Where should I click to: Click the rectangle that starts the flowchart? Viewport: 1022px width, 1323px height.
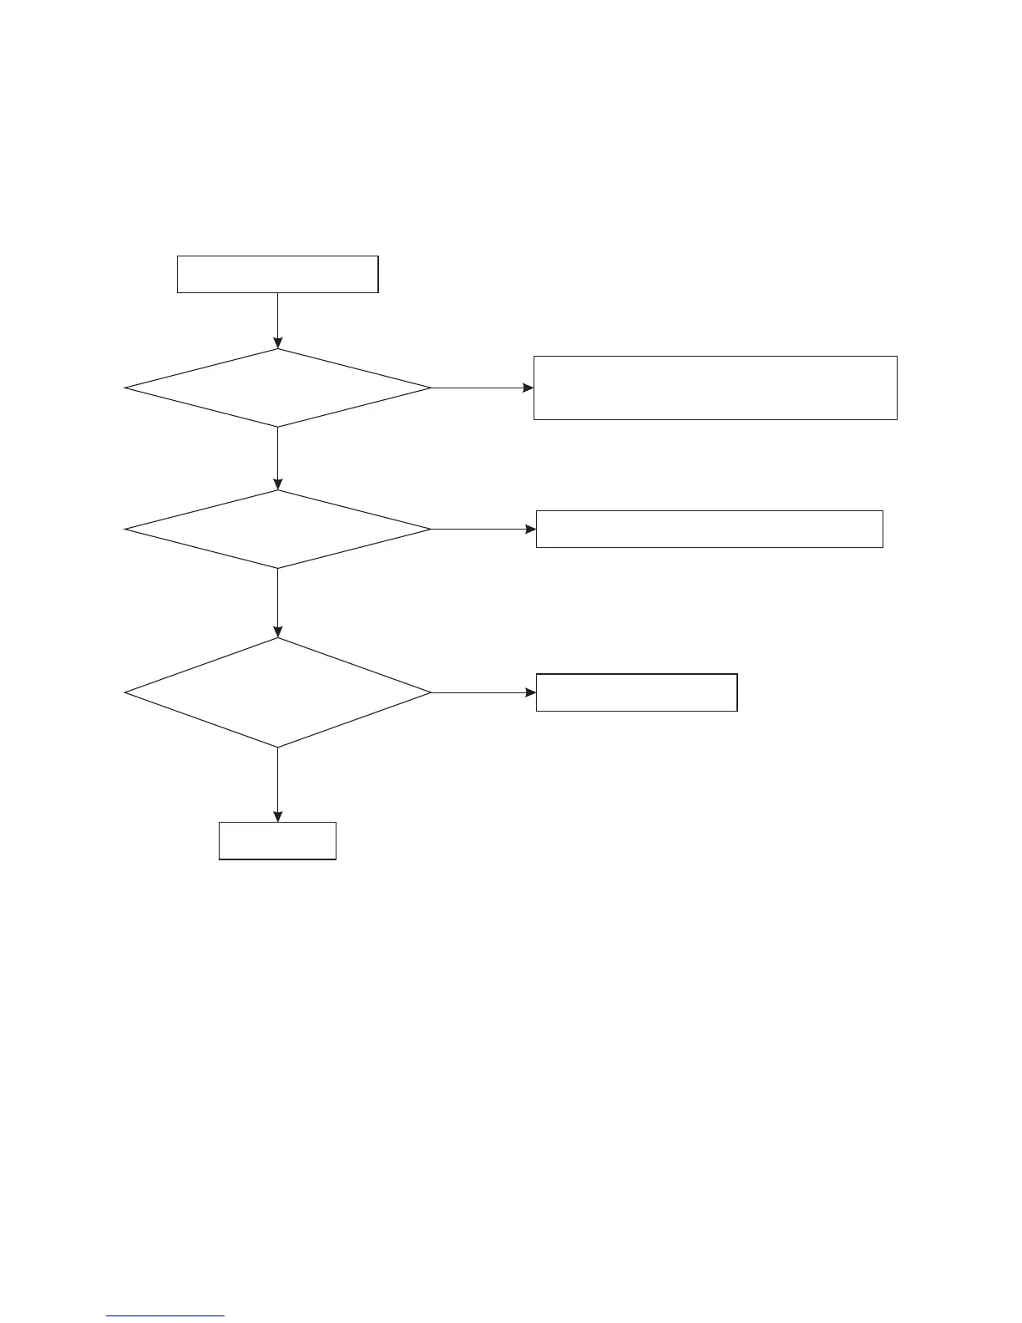point(277,274)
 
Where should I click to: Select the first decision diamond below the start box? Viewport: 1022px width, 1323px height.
point(277,388)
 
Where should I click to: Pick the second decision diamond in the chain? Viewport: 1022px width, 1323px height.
point(277,529)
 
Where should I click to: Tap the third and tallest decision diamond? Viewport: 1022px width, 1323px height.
point(277,692)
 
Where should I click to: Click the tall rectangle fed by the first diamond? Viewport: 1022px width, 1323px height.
point(715,388)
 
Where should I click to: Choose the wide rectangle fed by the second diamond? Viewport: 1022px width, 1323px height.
point(709,529)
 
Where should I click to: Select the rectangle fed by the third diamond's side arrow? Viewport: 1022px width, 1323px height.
point(636,692)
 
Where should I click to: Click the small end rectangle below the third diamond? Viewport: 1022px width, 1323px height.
point(277,841)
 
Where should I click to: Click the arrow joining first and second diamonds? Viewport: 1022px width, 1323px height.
point(277,459)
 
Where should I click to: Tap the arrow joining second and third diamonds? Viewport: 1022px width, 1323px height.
point(277,603)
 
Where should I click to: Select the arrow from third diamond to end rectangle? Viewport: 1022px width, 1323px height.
point(277,784)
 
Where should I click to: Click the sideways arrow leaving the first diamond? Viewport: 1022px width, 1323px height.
point(482,388)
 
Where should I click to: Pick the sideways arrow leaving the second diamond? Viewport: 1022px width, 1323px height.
point(483,529)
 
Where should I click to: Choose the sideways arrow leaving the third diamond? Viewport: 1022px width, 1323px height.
point(483,692)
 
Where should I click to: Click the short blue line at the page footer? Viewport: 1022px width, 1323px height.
point(165,1316)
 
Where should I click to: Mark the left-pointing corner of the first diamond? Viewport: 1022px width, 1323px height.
point(126,388)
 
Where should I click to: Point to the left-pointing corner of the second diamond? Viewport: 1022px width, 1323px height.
point(126,529)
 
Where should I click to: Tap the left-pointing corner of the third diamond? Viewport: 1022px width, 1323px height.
point(126,692)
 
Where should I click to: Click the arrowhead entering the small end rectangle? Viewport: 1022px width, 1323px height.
point(277,817)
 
